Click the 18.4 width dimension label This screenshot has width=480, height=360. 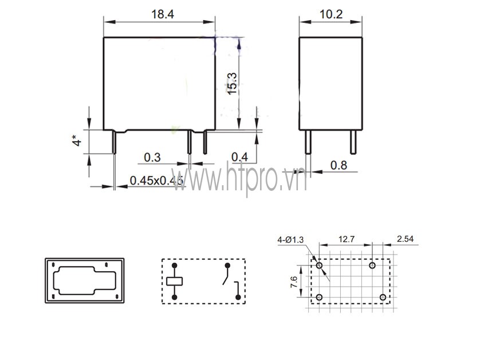tap(163, 14)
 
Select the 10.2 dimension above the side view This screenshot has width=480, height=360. tap(331, 14)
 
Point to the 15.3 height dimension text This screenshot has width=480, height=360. tap(233, 83)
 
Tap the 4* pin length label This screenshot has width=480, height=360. tap(77, 140)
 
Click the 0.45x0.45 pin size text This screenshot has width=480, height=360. tap(156, 181)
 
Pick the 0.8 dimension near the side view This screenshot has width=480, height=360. tap(339, 166)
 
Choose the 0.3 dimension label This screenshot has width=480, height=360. tap(152, 158)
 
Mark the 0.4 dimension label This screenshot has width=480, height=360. tap(239, 157)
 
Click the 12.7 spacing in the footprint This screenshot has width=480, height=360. tap(346, 239)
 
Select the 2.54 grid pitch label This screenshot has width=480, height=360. tap(405, 238)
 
